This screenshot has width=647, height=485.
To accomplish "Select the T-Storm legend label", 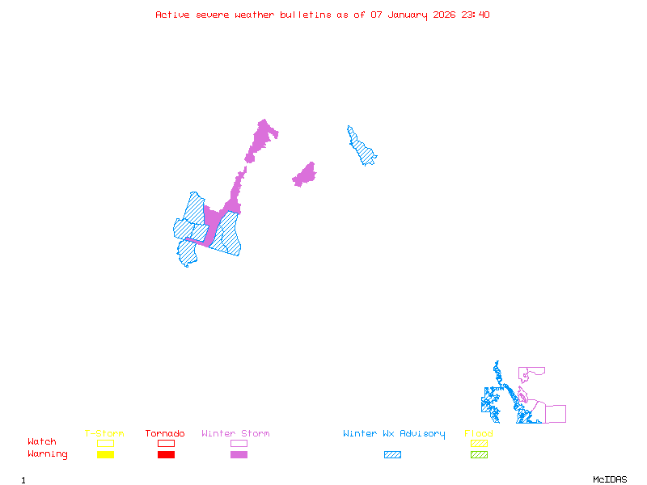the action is [x=104, y=434].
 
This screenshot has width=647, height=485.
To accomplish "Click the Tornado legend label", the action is [x=165, y=434].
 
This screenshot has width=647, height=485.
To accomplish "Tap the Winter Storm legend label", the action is [x=235, y=434].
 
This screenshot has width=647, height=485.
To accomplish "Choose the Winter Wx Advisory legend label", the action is [x=394, y=434].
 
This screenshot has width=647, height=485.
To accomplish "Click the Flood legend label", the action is [x=479, y=434].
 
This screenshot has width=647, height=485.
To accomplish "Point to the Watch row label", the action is [x=42, y=442].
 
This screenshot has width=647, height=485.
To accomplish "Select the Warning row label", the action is [x=48, y=454].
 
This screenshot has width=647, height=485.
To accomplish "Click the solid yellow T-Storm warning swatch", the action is [x=105, y=455].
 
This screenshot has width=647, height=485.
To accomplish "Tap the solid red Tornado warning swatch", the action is [x=166, y=455].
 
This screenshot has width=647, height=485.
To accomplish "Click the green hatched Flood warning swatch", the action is [x=479, y=455].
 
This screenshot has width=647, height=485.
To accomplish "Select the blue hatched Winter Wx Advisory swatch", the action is [x=392, y=455].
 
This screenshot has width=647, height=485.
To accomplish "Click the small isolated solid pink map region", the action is [x=305, y=175].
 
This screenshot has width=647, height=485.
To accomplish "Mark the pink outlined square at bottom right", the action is [x=555, y=414].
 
